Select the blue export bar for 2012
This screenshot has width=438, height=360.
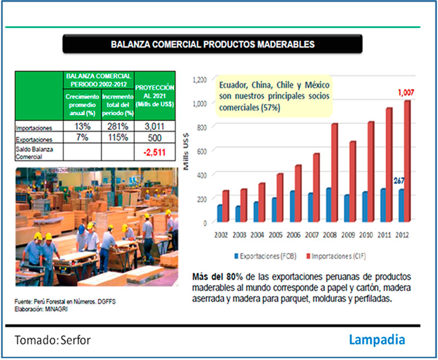pos(401,206)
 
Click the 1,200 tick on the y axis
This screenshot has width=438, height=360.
pos(199,79)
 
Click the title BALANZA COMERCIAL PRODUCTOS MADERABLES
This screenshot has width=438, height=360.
pos(212,43)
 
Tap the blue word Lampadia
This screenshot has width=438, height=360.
pos(377,340)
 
